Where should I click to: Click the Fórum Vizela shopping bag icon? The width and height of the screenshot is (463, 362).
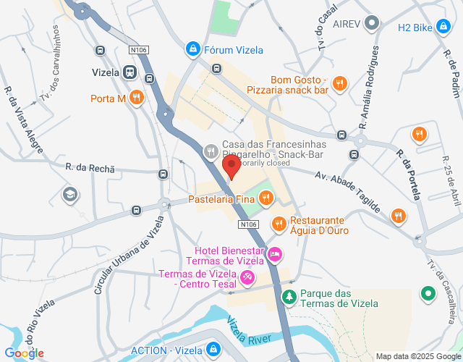(x=192, y=49)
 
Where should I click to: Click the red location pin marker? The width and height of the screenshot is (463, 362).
(x=232, y=167)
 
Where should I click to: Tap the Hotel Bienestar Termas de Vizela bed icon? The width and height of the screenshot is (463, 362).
(x=274, y=254)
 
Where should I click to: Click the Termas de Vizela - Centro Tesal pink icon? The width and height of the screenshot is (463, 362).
(x=247, y=277)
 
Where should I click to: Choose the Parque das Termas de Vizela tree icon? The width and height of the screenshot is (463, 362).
(x=289, y=297)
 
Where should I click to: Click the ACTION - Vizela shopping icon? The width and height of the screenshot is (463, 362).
(x=213, y=349)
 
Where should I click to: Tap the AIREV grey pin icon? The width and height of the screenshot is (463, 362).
(x=372, y=23)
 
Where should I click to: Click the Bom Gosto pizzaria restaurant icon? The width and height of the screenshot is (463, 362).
(x=339, y=85)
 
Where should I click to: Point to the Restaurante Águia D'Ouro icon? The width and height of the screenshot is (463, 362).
(x=279, y=223)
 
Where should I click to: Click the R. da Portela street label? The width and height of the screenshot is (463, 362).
(x=408, y=174)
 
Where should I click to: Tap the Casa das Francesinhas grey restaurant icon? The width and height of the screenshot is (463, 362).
(x=211, y=151)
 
